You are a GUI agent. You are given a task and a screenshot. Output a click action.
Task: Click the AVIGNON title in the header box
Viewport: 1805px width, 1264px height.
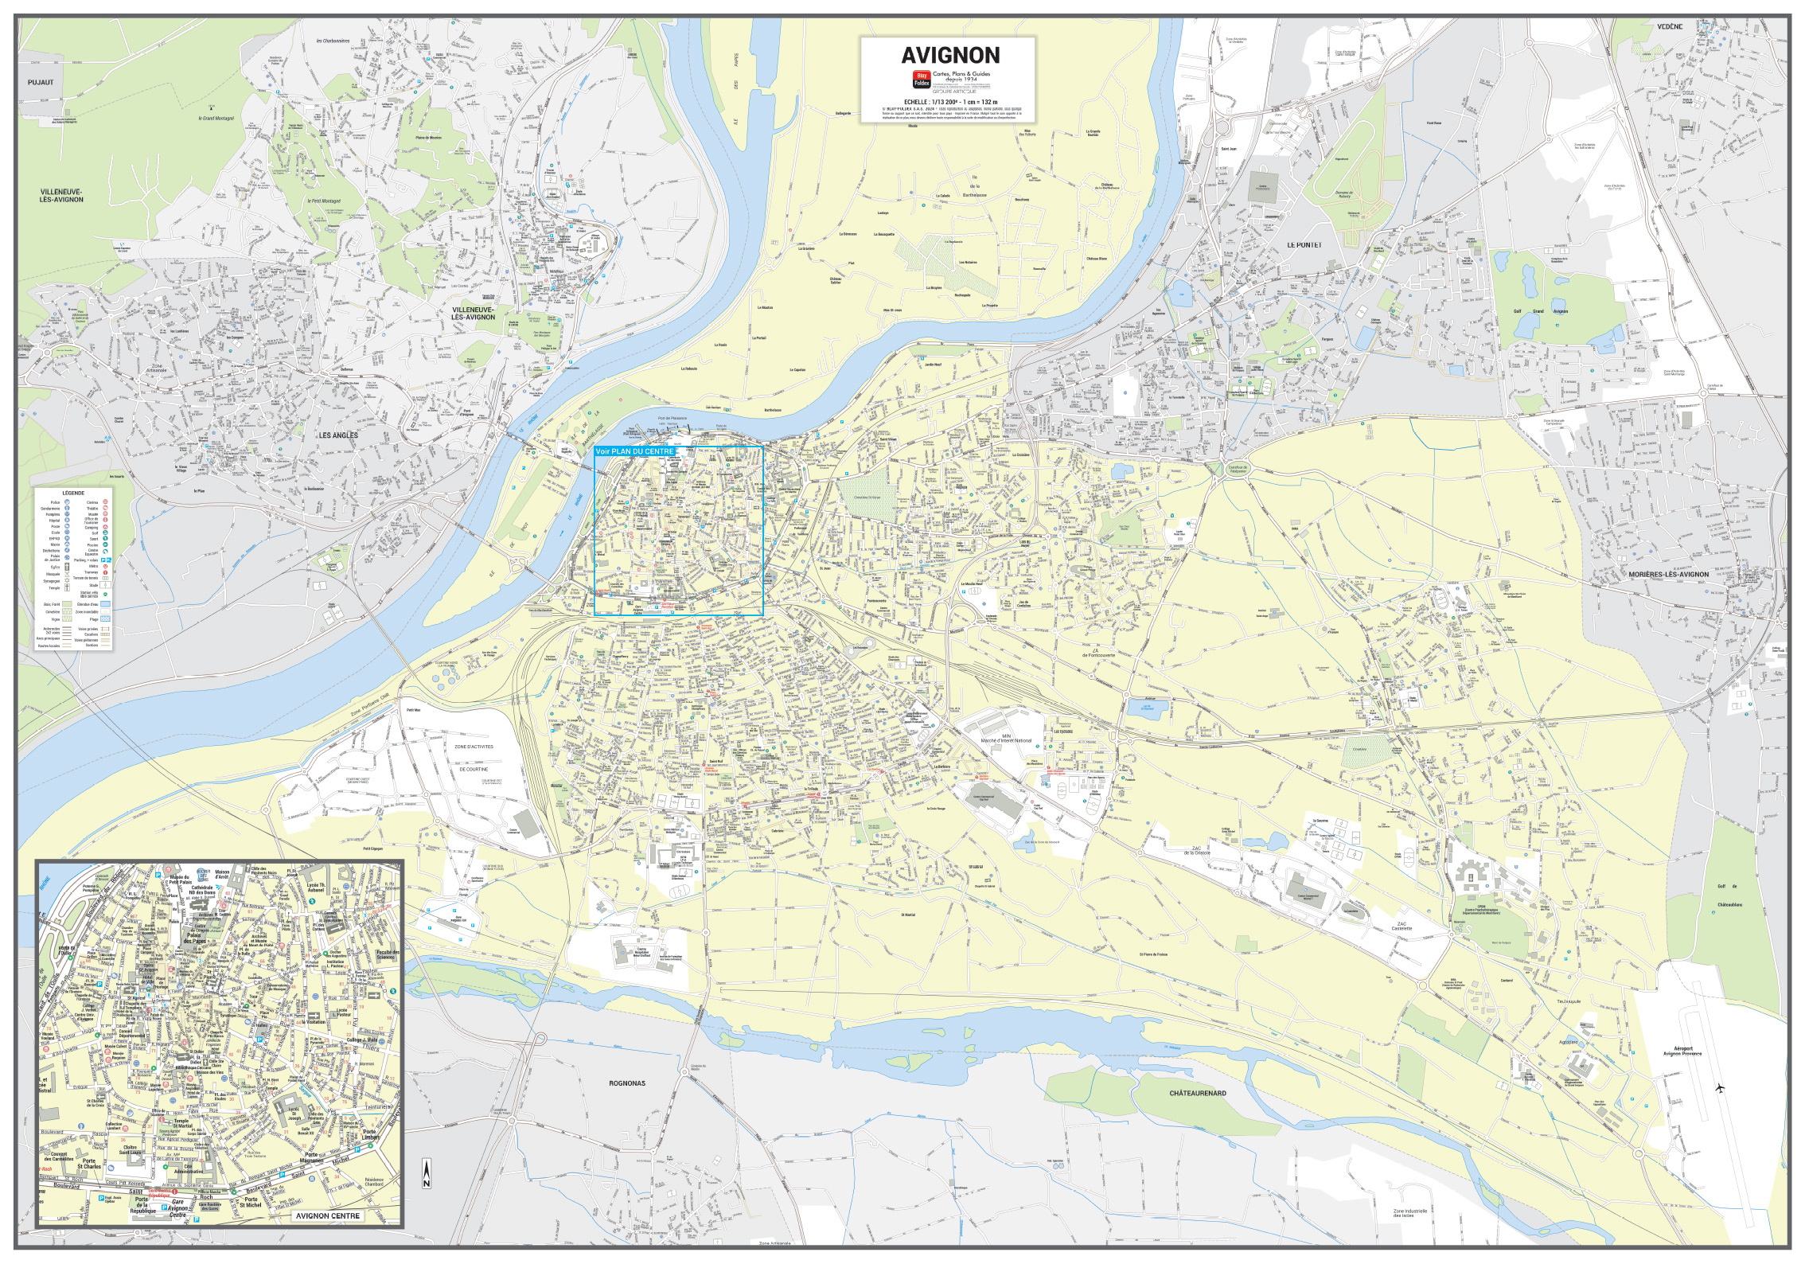tap(949, 55)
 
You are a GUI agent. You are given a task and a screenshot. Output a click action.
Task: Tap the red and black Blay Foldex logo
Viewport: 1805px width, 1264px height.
tap(922, 78)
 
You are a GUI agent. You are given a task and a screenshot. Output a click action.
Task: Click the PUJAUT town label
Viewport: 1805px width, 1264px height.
tap(40, 82)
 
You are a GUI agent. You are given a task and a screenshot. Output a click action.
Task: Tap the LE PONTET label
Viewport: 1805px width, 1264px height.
tap(1304, 245)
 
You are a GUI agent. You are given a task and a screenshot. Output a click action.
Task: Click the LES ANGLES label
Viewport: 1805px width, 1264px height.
tap(338, 435)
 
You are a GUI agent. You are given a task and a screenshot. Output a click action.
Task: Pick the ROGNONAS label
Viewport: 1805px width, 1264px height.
tap(627, 1083)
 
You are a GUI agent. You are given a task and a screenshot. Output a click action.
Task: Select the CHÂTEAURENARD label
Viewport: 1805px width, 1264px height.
tap(1197, 1093)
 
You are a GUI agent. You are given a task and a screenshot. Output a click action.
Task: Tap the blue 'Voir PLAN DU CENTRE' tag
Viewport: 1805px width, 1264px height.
tap(634, 451)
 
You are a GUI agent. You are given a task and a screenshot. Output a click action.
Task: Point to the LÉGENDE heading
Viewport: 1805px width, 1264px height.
tap(73, 494)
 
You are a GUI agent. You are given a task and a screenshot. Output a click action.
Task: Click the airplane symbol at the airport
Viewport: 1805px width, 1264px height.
tap(1721, 1087)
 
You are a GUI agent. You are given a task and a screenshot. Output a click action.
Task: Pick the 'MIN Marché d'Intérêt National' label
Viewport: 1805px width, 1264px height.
tap(1006, 738)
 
